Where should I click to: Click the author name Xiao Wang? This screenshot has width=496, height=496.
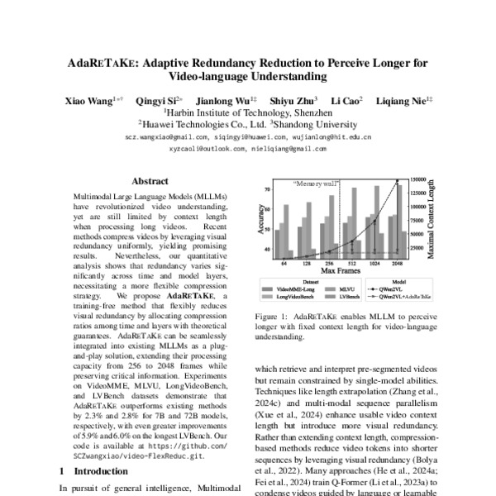pyautogui.click(x=91, y=100)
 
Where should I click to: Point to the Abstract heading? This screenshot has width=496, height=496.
pyautogui.click(x=150, y=181)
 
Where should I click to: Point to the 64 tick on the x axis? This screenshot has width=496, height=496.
pyautogui.click(x=284, y=262)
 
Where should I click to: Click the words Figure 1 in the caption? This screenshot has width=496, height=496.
pyautogui.click(x=271, y=316)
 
